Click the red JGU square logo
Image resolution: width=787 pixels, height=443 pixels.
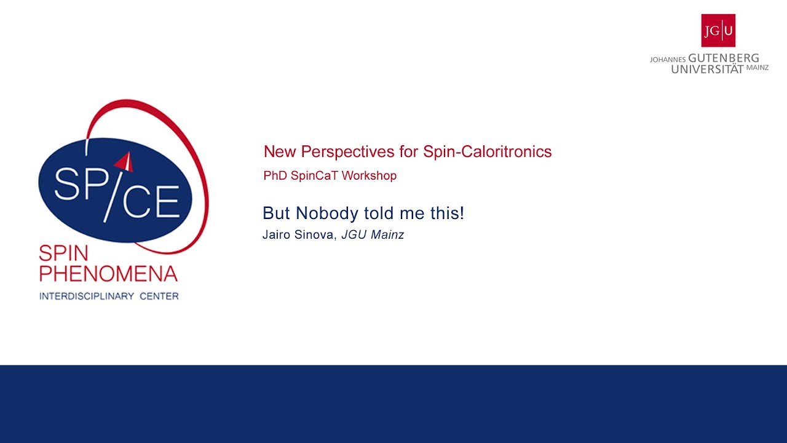[718, 30]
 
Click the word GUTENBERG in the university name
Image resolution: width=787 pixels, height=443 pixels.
[724, 58]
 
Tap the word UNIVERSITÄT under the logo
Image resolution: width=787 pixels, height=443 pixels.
[707, 69]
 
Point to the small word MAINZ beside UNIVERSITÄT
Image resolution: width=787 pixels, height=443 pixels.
[757, 68]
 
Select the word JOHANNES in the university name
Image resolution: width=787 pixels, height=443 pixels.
[668, 60]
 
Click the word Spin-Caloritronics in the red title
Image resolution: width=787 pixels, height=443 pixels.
[487, 151]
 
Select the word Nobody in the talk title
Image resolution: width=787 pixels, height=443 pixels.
[326, 214]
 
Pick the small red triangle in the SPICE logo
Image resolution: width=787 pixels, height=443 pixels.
[125, 162]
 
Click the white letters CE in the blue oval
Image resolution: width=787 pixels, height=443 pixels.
[152, 200]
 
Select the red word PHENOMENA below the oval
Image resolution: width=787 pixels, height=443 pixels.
[108, 273]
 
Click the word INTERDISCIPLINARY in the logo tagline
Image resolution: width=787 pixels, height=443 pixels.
[87, 296]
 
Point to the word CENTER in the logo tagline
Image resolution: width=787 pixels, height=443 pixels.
[159, 296]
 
